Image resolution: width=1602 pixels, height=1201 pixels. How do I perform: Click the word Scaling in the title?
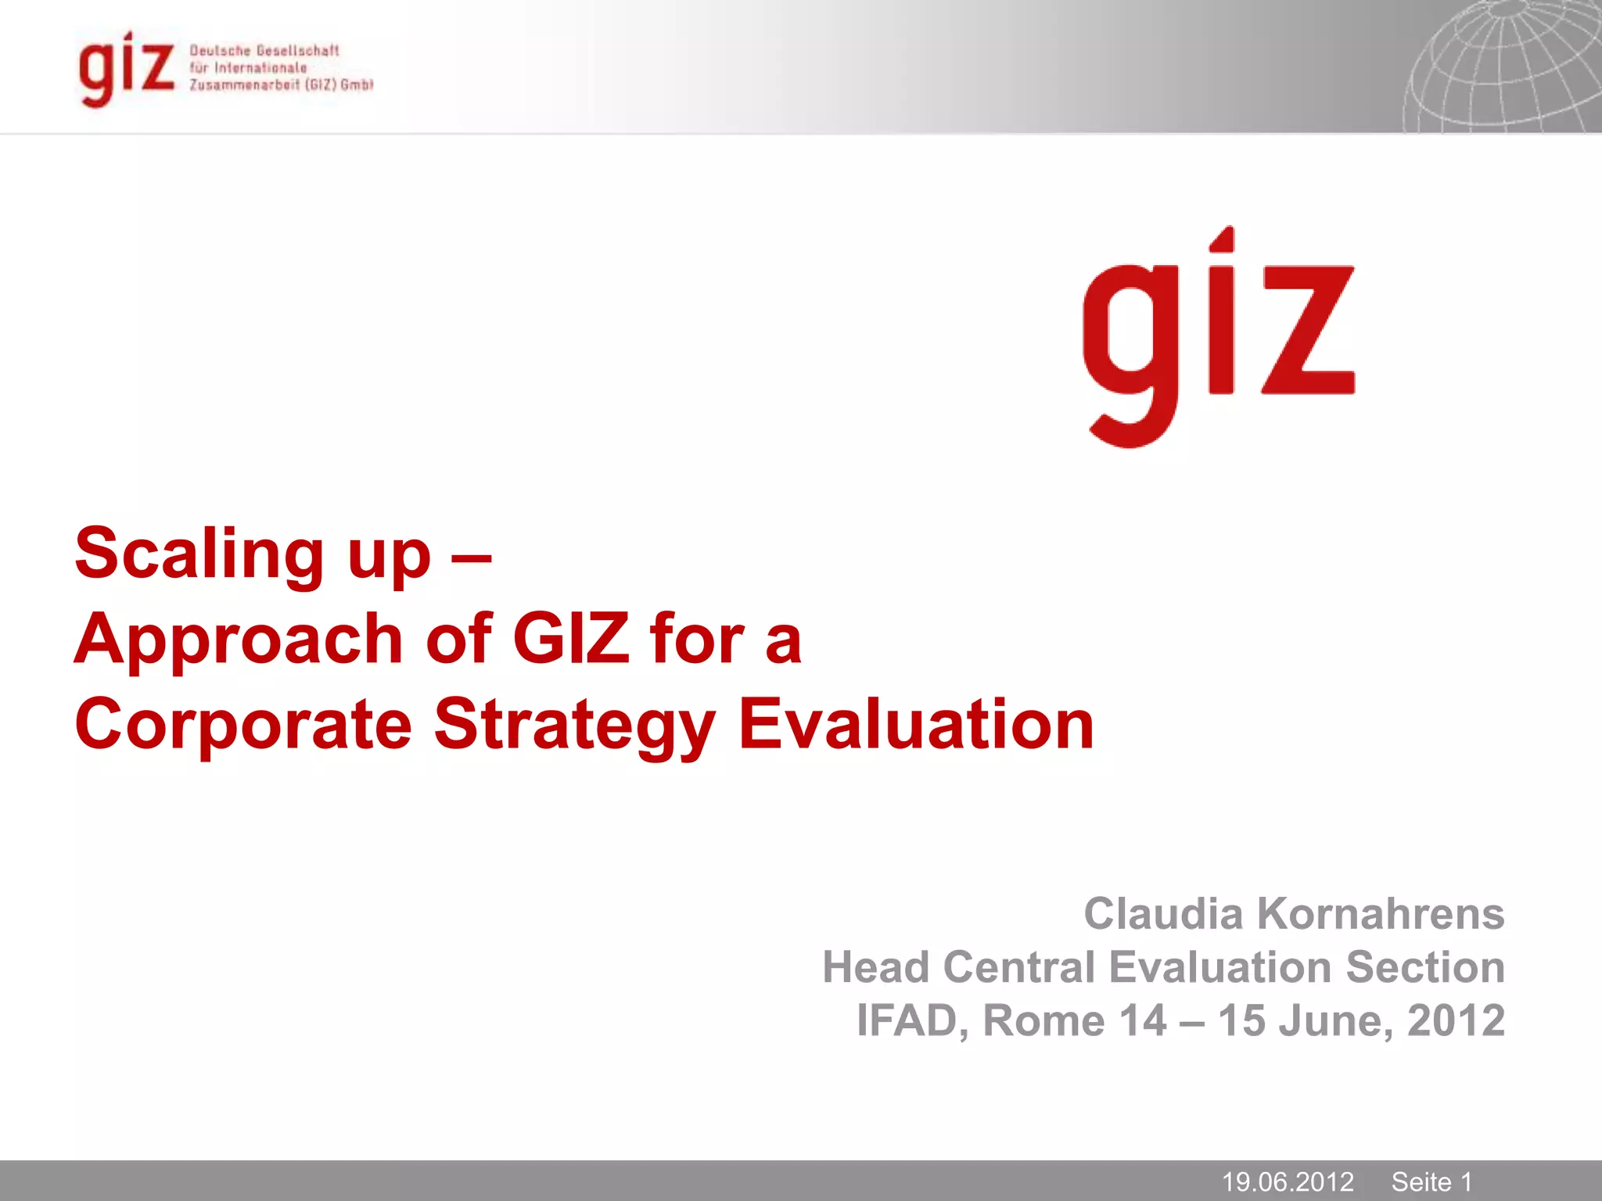[x=199, y=554]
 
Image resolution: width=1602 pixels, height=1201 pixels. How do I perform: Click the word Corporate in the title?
[x=243, y=725]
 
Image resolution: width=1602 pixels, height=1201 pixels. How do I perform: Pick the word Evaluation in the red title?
[x=915, y=724]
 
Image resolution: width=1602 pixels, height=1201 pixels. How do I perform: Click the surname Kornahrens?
[x=1381, y=913]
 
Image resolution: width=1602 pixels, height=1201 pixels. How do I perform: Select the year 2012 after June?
[x=1456, y=1020]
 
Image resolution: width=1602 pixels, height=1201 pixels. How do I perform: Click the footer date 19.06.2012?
[x=1288, y=1181]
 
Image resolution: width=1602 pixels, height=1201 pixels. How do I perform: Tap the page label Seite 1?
[x=1431, y=1181]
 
